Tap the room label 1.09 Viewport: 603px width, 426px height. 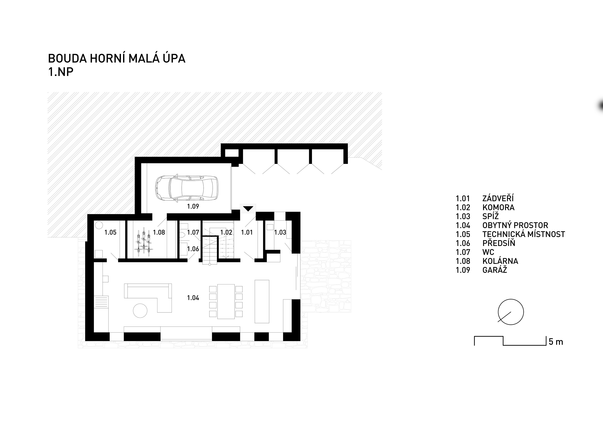point(193,206)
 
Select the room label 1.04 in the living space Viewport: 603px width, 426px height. point(193,298)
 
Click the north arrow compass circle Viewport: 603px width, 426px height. point(511,312)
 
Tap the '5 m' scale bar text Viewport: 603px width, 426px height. point(556,342)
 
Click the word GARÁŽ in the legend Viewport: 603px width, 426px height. point(494,270)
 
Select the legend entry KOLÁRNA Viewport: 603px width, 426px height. point(500,261)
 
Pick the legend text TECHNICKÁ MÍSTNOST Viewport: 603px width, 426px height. point(524,234)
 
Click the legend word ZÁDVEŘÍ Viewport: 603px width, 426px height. point(498,198)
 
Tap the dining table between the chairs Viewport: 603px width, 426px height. point(226,302)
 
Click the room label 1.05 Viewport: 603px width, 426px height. point(110,232)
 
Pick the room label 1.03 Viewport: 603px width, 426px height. point(280,232)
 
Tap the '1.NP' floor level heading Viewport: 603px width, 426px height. point(61,72)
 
